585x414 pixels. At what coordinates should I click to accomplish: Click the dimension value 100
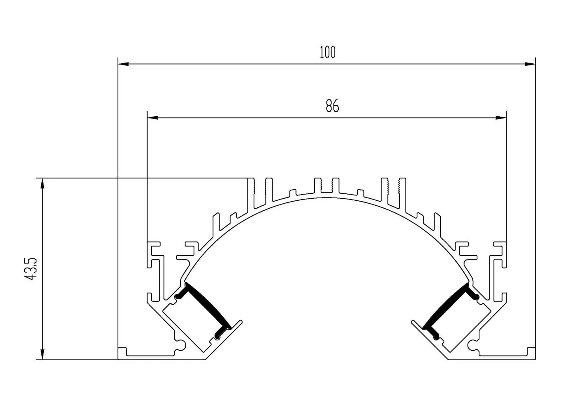[x=328, y=53]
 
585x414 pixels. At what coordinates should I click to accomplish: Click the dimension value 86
[x=332, y=106]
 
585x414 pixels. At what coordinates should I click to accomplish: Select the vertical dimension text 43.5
[x=31, y=269]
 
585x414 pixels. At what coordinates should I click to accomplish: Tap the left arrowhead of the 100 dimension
[x=123, y=64]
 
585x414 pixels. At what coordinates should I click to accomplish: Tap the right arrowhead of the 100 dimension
[x=530, y=64]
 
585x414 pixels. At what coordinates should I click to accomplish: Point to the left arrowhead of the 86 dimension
[x=153, y=118]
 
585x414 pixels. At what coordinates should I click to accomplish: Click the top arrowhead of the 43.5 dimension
[x=42, y=184]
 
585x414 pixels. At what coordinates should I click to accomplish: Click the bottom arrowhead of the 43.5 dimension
[x=42, y=354]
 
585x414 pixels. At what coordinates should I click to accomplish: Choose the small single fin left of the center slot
[x=293, y=193]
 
